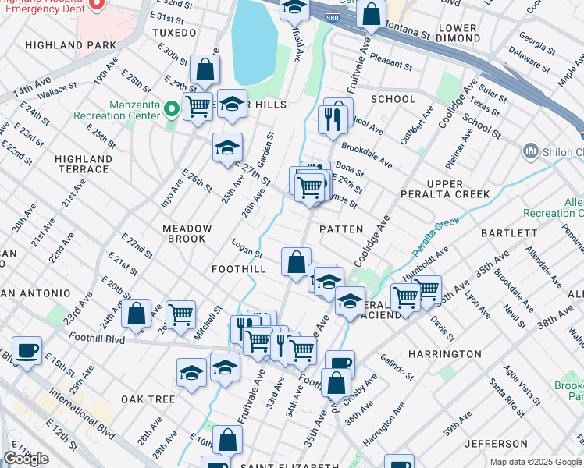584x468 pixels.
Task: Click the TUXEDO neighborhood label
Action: [x=174, y=33]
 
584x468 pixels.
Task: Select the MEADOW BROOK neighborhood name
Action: [x=187, y=233]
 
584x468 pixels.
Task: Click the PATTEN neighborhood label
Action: [x=341, y=229]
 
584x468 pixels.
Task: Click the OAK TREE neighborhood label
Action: [x=148, y=399]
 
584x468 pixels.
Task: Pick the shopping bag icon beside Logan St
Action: [x=296, y=263]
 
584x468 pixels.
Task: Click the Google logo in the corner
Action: [x=26, y=459]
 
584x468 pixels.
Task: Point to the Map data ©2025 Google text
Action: [x=536, y=462]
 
